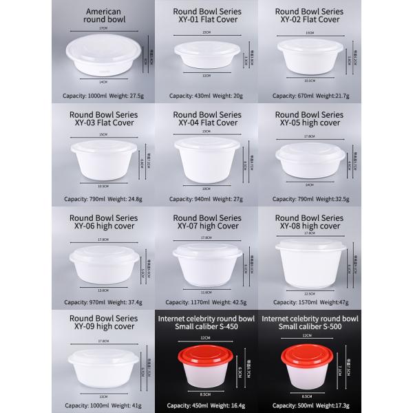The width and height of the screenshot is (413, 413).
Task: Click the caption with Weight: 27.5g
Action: [103, 96]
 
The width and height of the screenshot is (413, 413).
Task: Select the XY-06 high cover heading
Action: [103, 222]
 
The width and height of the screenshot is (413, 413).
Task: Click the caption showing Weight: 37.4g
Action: [103, 301]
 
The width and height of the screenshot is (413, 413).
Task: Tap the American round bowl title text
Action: [103, 17]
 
